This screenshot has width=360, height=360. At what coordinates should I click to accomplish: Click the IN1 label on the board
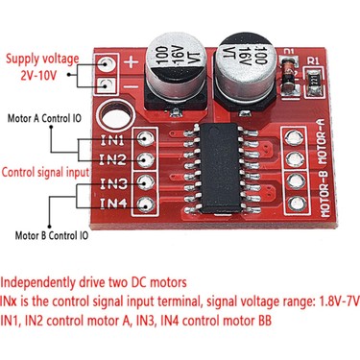click(113, 140)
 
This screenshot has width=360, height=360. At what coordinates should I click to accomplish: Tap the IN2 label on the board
click(113, 159)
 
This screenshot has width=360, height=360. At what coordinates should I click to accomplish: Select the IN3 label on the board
click(113, 182)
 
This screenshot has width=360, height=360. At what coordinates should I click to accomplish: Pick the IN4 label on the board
click(113, 203)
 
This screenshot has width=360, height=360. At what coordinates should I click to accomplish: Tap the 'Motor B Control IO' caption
click(51, 235)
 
